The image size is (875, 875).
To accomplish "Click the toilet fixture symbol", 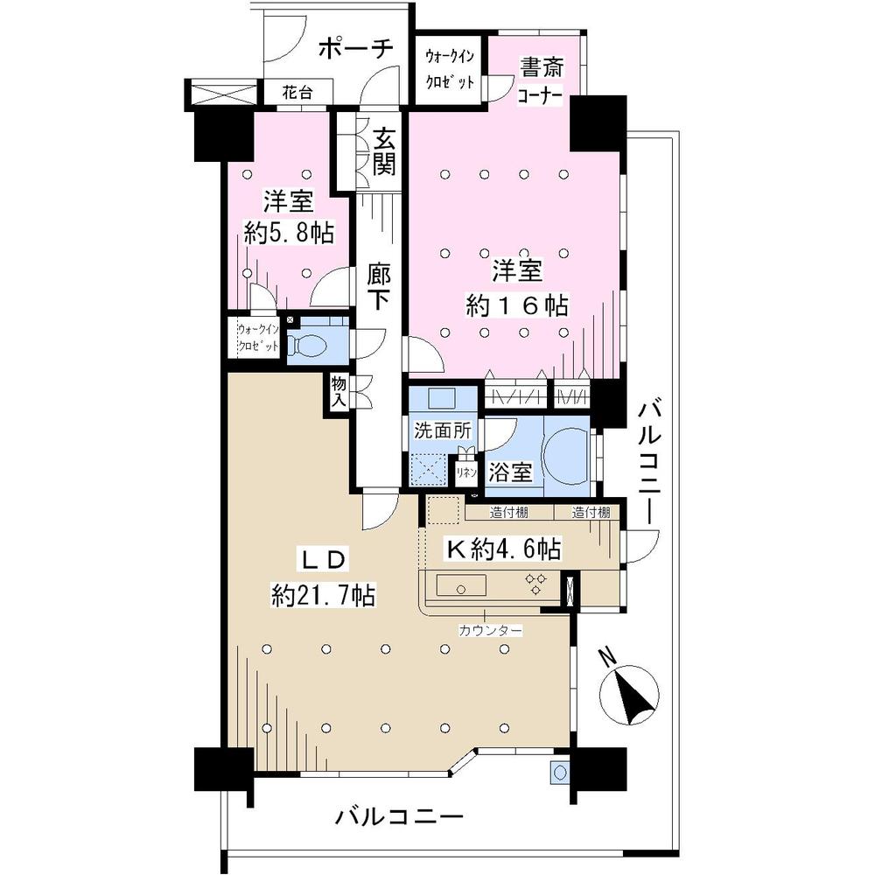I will [x=309, y=346].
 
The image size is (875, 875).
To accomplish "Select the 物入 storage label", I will [x=339, y=391].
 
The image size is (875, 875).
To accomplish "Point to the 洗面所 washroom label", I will [x=443, y=430].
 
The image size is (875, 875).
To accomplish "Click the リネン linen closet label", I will [x=465, y=472].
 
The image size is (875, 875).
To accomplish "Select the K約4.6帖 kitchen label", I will [x=503, y=549].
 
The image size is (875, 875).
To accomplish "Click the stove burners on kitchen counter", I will [x=535, y=584].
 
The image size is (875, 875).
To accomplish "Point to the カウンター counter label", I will [x=490, y=630].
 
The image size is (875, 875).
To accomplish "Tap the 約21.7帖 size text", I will [x=323, y=596].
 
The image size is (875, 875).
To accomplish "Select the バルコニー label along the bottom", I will [x=399, y=818].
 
